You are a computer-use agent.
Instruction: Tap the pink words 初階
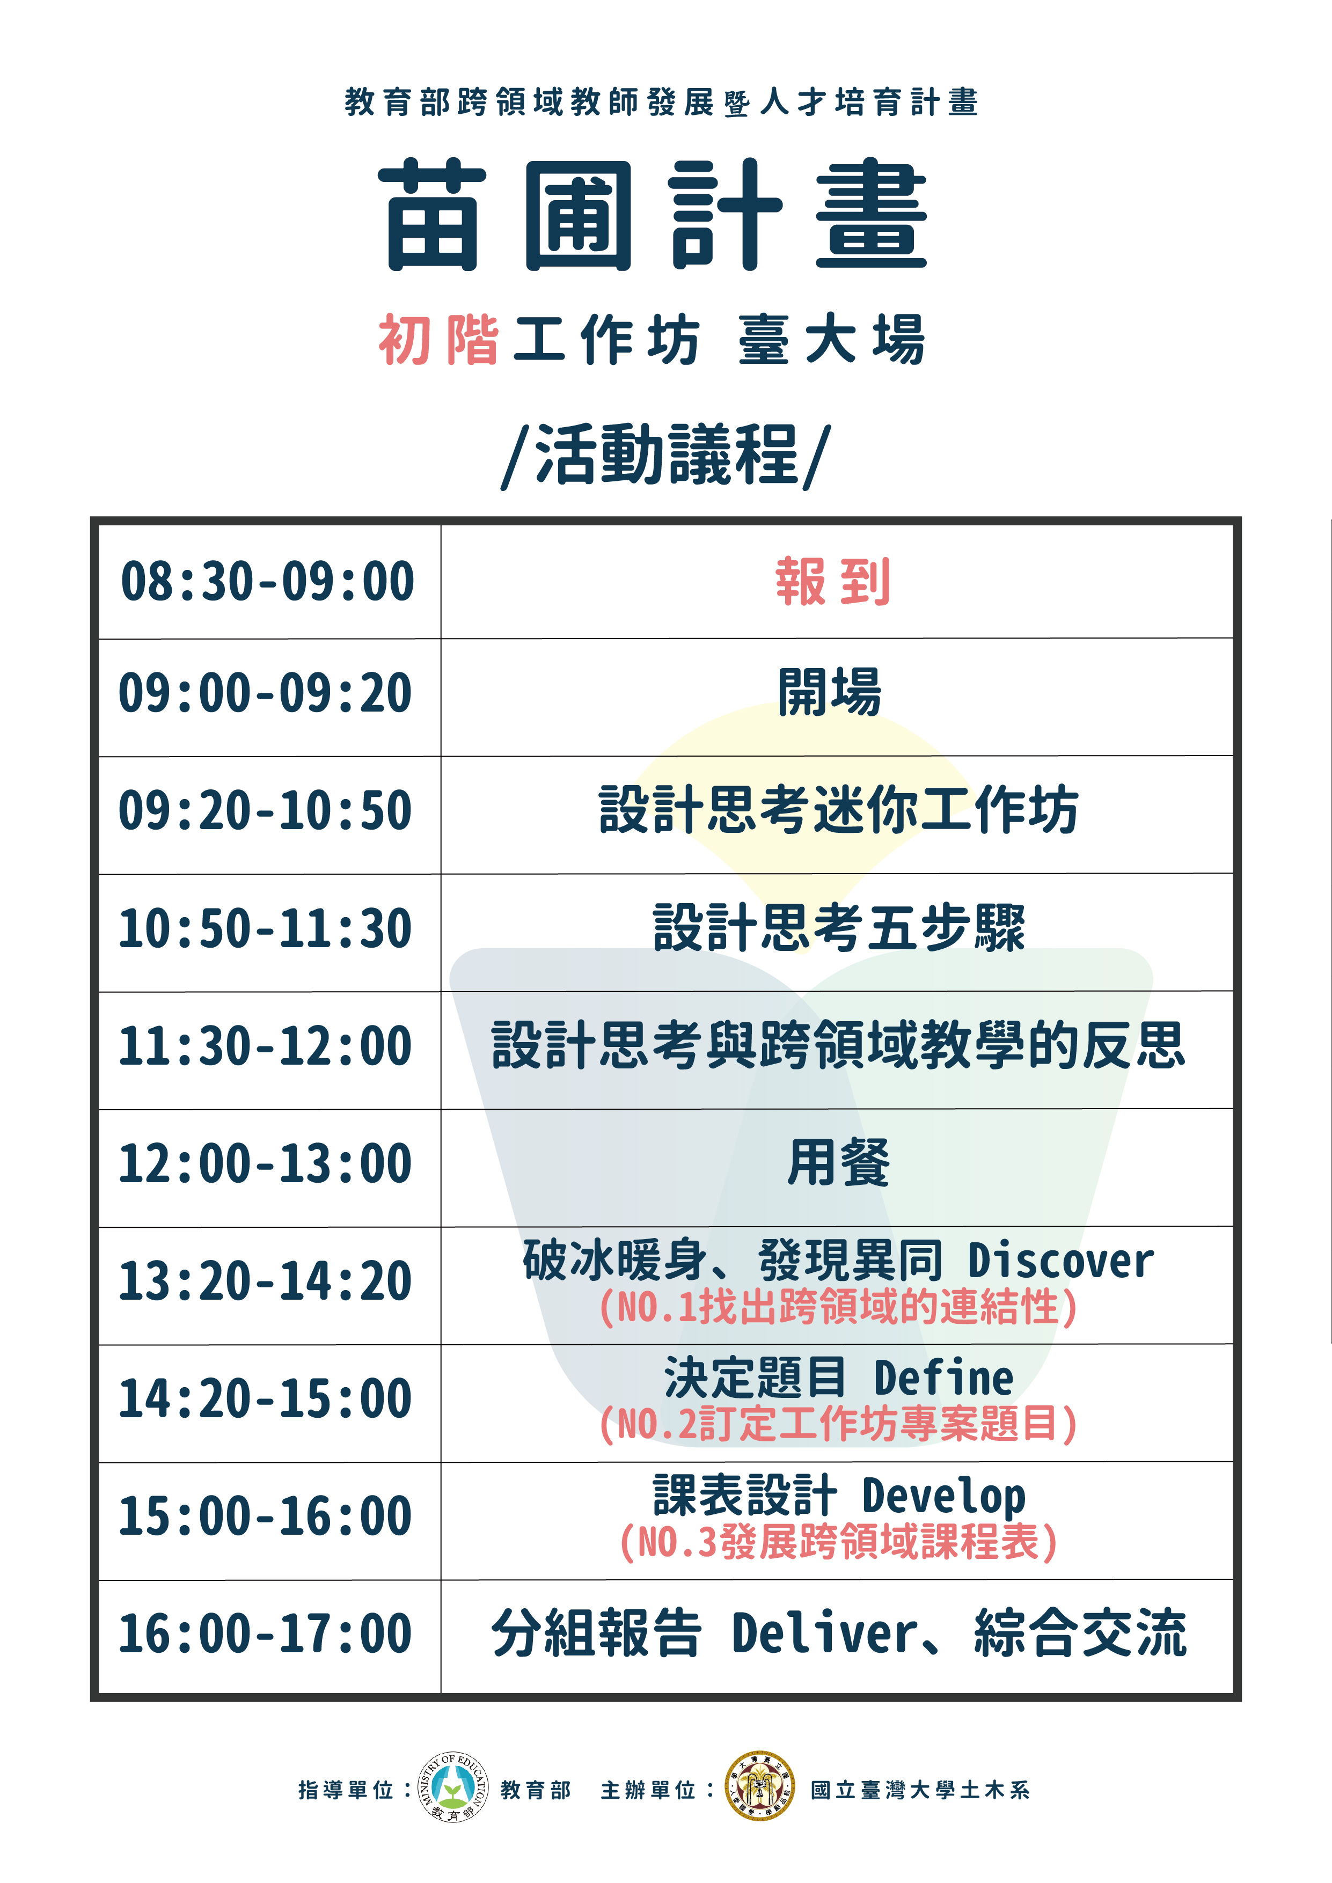tap(439, 340)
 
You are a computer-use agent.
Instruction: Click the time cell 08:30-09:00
tap(267, 582)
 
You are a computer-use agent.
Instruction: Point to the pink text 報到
tap(832, 582)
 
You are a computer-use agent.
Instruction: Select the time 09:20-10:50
tap(265, 810)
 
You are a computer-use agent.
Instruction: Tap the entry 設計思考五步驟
tap(839, 928)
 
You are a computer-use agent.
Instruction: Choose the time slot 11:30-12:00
tap(265, 1046)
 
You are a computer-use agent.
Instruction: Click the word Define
tap(943, 1378)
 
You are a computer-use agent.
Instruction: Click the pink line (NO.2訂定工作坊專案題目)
tap(838, 1423)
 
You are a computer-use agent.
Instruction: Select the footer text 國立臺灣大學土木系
tap(920, 1790)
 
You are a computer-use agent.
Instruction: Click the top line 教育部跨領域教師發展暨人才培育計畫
tap(662, 102)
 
